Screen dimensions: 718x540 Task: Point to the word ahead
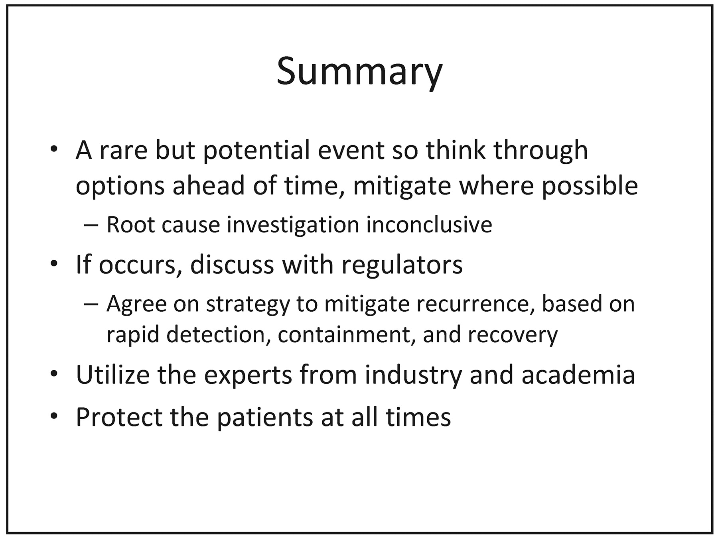click(x=209, y=186)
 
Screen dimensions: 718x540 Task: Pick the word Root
click(x=130, y=224)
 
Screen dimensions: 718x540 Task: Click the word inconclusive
click(x=429, y=224)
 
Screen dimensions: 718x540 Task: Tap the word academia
click(x=578, y=375)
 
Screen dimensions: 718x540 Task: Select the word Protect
click(x=119, y=417)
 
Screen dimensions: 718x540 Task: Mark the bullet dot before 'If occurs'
click(x=54, y=264)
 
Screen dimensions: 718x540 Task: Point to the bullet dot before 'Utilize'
click(x=54, y=375)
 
